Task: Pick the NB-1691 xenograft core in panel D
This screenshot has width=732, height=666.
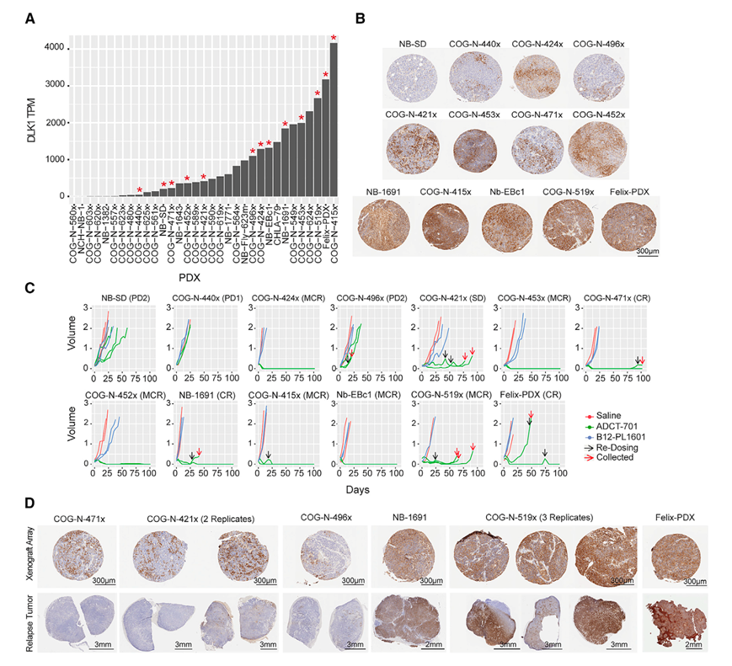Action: (408, 557)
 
